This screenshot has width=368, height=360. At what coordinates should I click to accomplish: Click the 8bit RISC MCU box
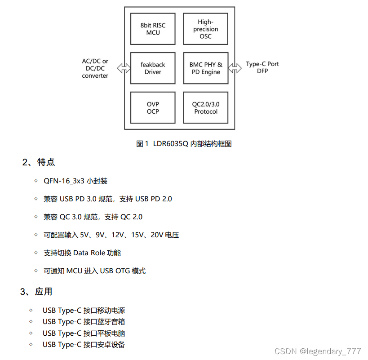(x=153, y=29)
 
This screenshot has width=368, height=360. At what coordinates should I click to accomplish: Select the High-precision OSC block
(x=205, y=29)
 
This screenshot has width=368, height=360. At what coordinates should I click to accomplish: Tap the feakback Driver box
(x=153, y=68)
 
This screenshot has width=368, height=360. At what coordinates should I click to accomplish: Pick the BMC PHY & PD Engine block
(x=206, y=68)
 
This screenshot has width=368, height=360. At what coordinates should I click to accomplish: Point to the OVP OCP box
(x=153, y=108)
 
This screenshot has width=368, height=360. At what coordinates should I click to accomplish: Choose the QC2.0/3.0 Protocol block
(x=206, y=108)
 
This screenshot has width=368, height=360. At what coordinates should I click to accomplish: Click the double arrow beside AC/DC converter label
(x=122, y=68)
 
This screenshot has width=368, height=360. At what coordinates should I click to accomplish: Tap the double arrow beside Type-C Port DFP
(x=234, y=68)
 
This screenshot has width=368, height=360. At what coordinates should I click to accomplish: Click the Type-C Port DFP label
(x=262, y=67)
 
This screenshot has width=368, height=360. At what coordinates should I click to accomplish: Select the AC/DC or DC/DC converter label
(x=95, y=68)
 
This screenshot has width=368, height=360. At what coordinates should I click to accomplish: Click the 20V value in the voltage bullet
(x=157, y=235)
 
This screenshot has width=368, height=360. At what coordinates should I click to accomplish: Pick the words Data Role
(x=89, y=253)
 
